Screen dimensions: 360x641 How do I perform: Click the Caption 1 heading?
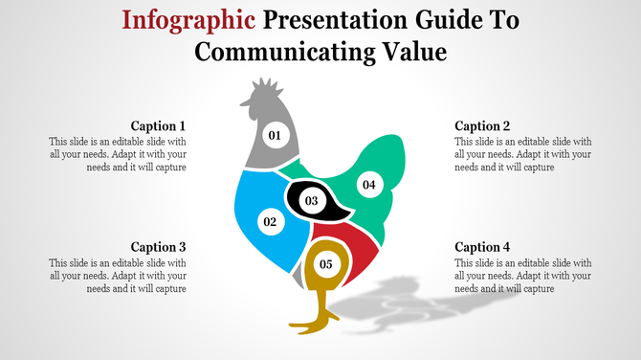pos(158,125)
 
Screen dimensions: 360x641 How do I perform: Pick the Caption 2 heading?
pos(482,125)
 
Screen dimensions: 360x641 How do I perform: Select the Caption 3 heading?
pos(158,246)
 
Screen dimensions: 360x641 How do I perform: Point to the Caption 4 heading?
pos(482,246)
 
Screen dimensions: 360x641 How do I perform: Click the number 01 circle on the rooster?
pos(275,135)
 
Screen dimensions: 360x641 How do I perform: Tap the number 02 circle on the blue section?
pos(270,221)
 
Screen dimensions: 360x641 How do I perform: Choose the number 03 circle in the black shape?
pos(311,201)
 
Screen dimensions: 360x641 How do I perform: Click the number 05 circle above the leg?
pos(326,263)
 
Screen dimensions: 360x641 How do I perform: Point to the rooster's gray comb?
pos(261,93)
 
